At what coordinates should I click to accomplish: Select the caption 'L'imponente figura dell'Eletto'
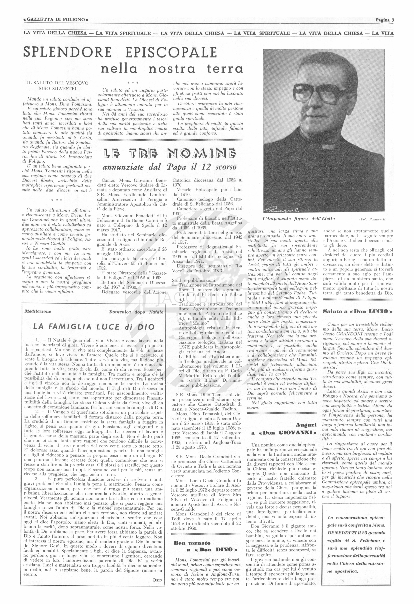[x=299, y=219]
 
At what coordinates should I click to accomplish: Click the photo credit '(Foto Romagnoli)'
[x=373, y=219]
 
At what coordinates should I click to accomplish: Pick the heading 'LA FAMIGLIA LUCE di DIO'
[x=94, y=327]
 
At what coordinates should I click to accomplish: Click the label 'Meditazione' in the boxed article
[x=38, y=311]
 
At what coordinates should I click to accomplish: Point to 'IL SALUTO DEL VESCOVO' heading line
[x=58, y=83]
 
